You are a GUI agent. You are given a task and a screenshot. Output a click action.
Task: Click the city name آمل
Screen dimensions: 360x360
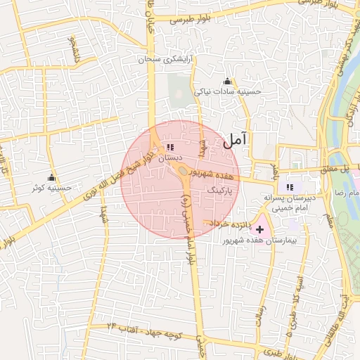click(236, 140)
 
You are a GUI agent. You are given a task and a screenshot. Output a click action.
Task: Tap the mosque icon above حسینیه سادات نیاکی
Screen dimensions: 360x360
click(226, 82)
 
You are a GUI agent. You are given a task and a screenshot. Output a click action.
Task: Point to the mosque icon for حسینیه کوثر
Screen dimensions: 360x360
click(51, 176)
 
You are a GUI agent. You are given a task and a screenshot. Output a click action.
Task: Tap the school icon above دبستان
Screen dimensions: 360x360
click(169, 148)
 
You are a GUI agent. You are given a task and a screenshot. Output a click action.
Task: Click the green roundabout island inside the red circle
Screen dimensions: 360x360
click(184, 172)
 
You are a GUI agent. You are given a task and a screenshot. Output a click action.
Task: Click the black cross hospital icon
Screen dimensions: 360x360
click(261, 229)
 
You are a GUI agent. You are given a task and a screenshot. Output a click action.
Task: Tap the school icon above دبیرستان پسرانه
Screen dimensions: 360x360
click(289, 187)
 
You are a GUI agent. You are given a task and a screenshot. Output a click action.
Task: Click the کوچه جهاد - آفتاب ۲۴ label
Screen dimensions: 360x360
click(148, 330)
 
